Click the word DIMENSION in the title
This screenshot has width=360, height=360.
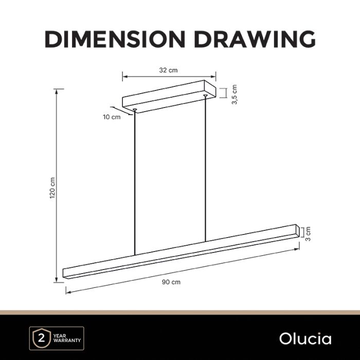point(115,39)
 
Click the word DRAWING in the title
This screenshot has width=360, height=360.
point(255,39)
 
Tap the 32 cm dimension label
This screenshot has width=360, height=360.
point(168,70)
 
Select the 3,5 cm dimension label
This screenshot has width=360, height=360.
point(234,94)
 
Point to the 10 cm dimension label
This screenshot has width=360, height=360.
point(112,117)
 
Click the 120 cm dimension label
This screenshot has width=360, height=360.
point(52,188)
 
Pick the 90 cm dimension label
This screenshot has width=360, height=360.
point(171,282)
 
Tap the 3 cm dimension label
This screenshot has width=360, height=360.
point(308,233)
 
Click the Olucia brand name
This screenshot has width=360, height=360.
point(305,339)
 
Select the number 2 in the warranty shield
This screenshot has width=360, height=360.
point(41,338)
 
